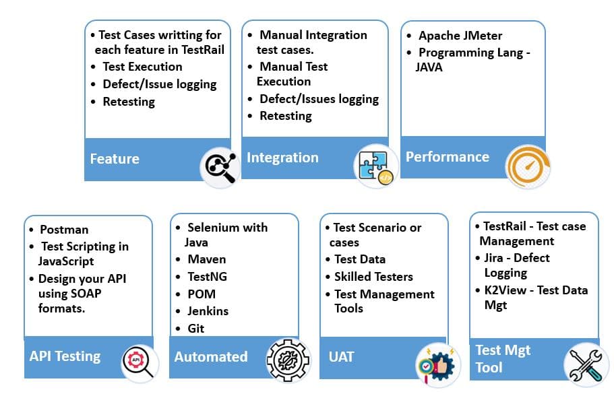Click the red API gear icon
click(140, 361)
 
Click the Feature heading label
click(115, 159)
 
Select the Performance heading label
click(447, 157)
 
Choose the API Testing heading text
click(65, 356)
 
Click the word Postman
click(64, 230)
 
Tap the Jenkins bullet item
click(208, 311)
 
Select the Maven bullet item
click(206, 259)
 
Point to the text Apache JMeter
click(460, 36)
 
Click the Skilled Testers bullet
click(373, 277)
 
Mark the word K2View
click(507, 290)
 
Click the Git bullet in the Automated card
click(195, 329)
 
